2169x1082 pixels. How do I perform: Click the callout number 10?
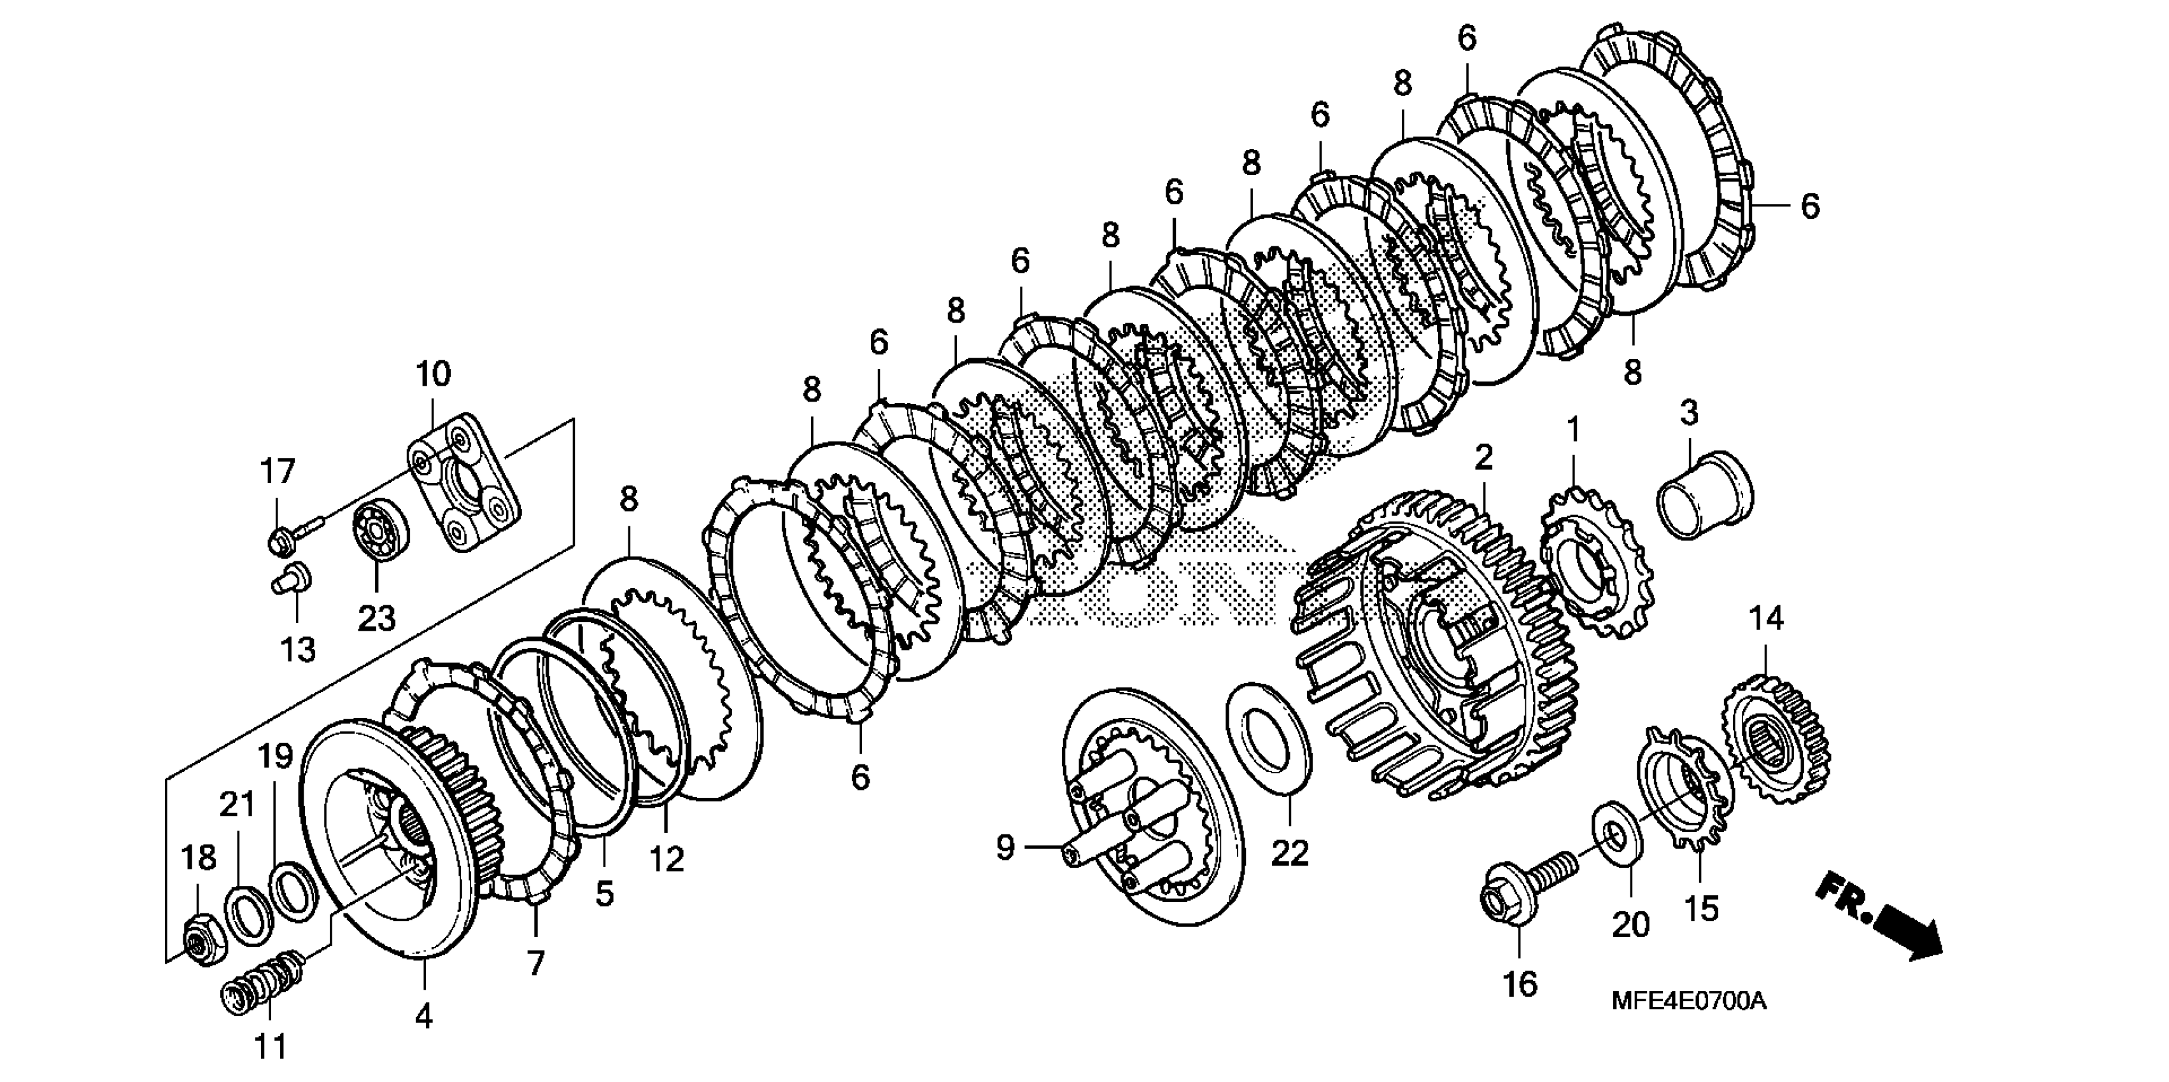click(x=433, y=373)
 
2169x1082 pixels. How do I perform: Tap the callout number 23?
click(x=376, y=619)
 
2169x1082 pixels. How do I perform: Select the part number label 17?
click(x=277, y=472)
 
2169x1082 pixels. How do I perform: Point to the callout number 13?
click(x=298, y=649)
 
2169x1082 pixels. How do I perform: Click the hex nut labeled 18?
click(x=204, y=939)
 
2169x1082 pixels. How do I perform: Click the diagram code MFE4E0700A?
click(x=1688, y=1001)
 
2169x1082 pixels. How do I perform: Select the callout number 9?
click(x=1005, y=847)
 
